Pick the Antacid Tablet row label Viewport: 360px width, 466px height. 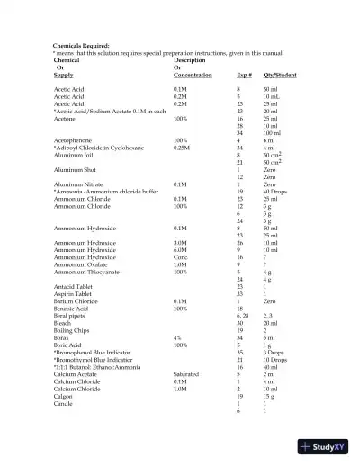coord(72,286)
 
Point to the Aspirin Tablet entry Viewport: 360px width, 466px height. coord(72,293)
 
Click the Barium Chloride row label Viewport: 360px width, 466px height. coord(76,300)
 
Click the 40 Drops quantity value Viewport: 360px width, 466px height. coord(278,192)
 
